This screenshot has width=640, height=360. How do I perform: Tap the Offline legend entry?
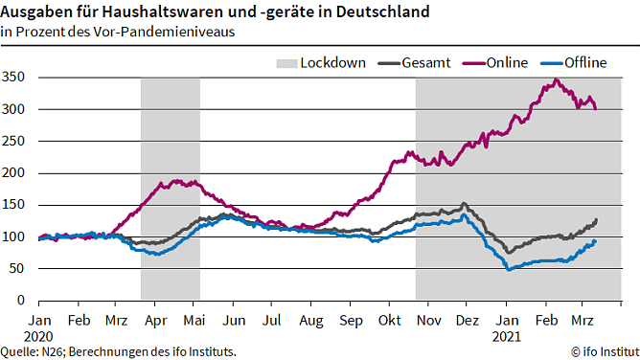(583, 63)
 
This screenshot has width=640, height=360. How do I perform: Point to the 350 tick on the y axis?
(13, 77)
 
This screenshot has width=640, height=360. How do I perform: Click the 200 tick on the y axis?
(13, 172)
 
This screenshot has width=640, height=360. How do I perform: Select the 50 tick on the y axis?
(17, 268)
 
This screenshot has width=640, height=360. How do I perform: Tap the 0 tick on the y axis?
(21, 300)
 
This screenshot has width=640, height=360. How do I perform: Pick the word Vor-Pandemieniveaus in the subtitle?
(175, 31)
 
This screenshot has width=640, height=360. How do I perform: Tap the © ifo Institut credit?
(604, 352)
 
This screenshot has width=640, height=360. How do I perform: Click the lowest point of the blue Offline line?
(509, 270)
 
